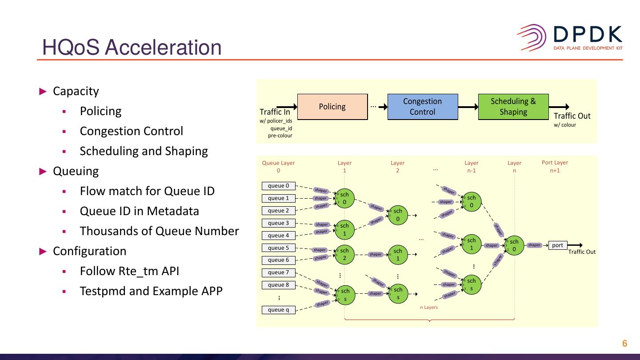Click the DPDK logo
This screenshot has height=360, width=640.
click(569, 38)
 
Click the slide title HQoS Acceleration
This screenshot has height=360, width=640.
click(132, 48)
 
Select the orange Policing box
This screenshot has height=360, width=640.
click(332, 107)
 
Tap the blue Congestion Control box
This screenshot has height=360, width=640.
click(422, 107)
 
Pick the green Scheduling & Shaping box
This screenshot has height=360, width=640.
click(513, 107)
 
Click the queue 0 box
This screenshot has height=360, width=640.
click(278, 186)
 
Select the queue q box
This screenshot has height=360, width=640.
click(278, 310)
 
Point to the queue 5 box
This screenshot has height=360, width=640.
click(278, 248)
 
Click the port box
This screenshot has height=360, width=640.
click(557, 245)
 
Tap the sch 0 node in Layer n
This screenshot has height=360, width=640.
click(514, 245)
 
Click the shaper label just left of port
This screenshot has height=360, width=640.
click(534, 245)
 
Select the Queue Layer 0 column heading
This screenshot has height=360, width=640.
click(278, 166)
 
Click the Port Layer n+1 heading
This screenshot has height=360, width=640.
click(555, 166)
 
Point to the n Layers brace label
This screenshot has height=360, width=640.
click(429, 307)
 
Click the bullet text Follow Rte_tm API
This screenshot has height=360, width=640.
click(129, 271)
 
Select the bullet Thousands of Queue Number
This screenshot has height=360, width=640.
click(159, 231)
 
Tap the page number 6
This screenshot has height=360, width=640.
click(624, 344)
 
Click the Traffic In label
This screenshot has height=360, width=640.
click(275, 112)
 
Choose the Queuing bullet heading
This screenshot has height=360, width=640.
click(76, 171)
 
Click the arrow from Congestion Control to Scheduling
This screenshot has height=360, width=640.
click(468, 107)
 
